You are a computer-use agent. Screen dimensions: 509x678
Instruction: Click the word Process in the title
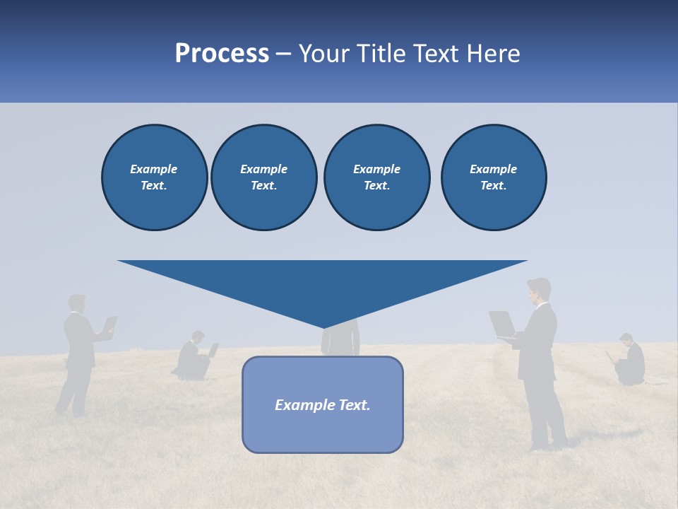[x=222, y=54]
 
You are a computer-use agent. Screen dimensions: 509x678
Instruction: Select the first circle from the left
[x=154, y=177]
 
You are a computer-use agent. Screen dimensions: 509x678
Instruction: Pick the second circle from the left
[x=263, y=177]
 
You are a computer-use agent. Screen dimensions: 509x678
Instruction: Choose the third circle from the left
[x=376, y=177]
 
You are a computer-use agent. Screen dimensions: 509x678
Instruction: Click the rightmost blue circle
[x=493, y=177]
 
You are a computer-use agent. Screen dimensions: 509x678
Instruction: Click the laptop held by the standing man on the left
[x=110, y=324]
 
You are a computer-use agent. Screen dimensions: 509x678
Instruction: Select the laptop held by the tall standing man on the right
[x=502, y=323]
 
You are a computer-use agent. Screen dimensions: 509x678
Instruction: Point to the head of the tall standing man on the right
[x=539, y=289]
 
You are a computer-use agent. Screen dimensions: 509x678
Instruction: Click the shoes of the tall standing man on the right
[x=549, y=445]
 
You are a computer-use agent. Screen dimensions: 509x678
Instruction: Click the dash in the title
[x=283, y=54]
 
